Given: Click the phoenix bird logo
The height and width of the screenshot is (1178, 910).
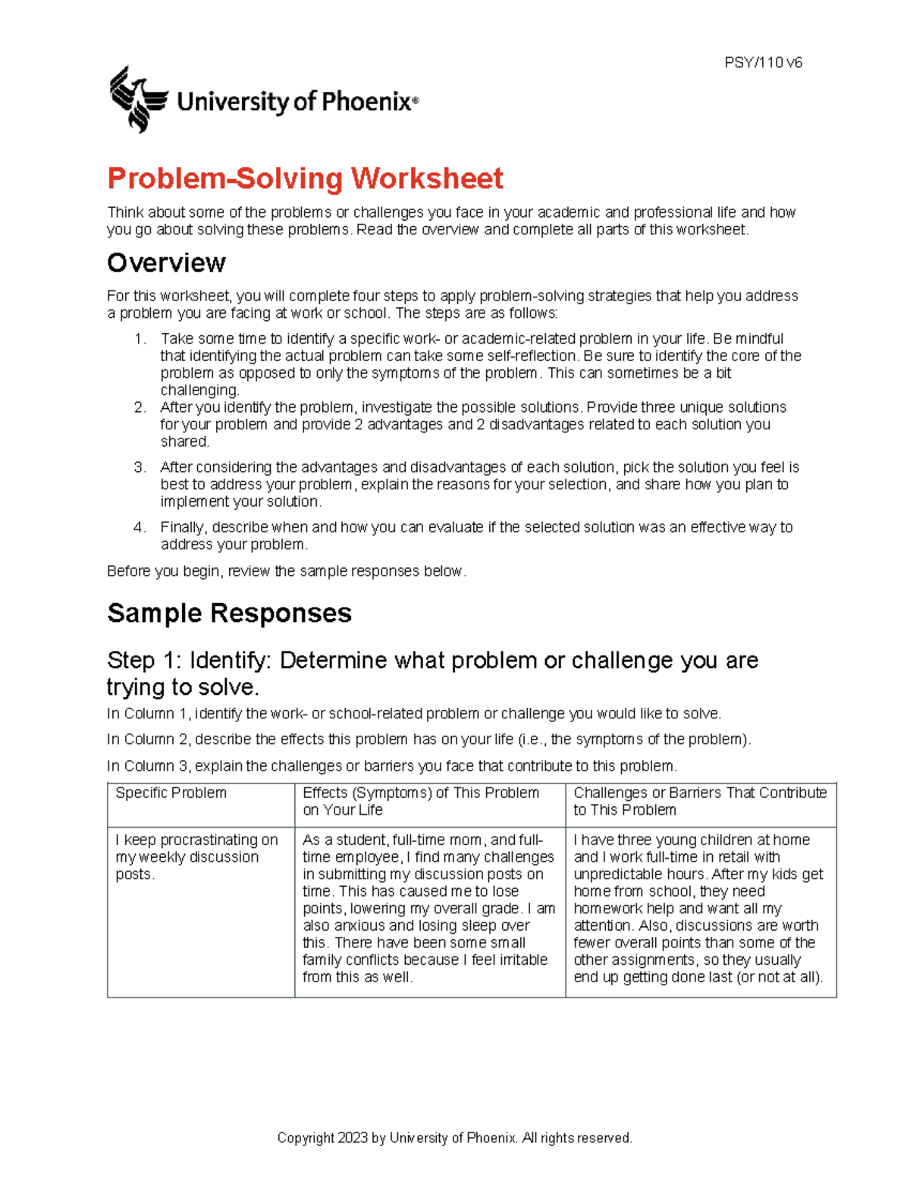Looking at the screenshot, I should tap(137, 99).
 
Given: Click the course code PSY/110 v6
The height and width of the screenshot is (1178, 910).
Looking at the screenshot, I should tap(763, 63).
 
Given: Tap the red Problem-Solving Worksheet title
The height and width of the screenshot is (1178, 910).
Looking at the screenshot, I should tap(305, 179).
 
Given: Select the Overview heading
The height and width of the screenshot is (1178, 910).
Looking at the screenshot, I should tap(166, 263).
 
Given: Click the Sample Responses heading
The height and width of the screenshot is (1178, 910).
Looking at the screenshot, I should tap(229, 613).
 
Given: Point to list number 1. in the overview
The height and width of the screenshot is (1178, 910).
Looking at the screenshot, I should tap(140, 339).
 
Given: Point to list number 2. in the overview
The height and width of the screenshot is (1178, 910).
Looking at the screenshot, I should tap(140, 408).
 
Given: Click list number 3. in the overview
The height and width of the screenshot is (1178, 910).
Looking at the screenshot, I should tap(140, 468).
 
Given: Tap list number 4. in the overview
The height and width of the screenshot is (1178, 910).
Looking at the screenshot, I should tap(140, 528).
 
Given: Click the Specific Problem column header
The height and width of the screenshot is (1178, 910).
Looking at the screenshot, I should tap(171, 793).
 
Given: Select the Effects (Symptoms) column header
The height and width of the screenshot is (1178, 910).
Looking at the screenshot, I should tap(420, 801).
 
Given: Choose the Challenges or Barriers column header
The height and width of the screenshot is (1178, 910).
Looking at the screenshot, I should tap(699, 801).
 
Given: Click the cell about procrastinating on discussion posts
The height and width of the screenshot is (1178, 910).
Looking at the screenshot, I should tap(196, 857).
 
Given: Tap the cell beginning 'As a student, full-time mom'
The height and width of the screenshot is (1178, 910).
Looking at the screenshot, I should tap(428, 908).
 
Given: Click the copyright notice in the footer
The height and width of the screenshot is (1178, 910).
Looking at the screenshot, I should tap(454, 1138).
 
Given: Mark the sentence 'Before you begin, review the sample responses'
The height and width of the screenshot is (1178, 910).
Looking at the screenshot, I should tap(286, 571).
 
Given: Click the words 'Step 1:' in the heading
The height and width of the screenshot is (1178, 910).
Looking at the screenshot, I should tap(145, 661).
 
